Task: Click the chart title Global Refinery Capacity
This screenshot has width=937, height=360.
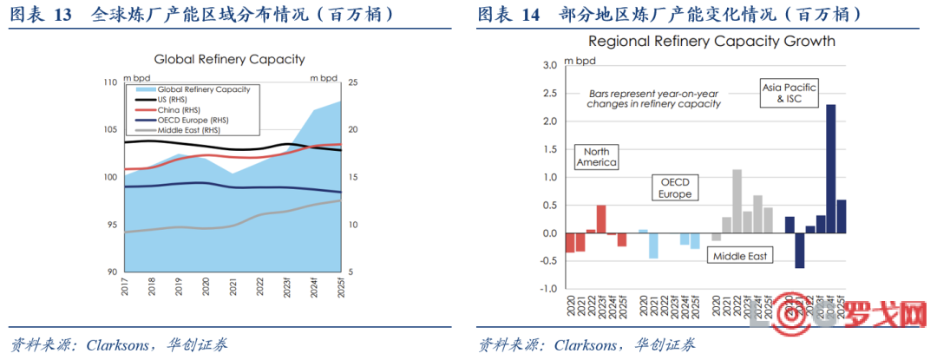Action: point(229,59)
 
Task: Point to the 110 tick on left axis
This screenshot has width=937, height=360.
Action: point(109,82)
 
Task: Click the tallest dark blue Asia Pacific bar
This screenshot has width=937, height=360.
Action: point(830,168)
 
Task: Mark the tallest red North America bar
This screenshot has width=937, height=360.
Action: point(600,219)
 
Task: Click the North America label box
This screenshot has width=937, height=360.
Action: point(596,156)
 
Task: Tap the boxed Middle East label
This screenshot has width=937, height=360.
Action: point(740,256)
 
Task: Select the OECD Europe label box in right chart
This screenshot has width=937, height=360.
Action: point(675,188)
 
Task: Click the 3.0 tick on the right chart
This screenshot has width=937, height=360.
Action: point(548,65)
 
